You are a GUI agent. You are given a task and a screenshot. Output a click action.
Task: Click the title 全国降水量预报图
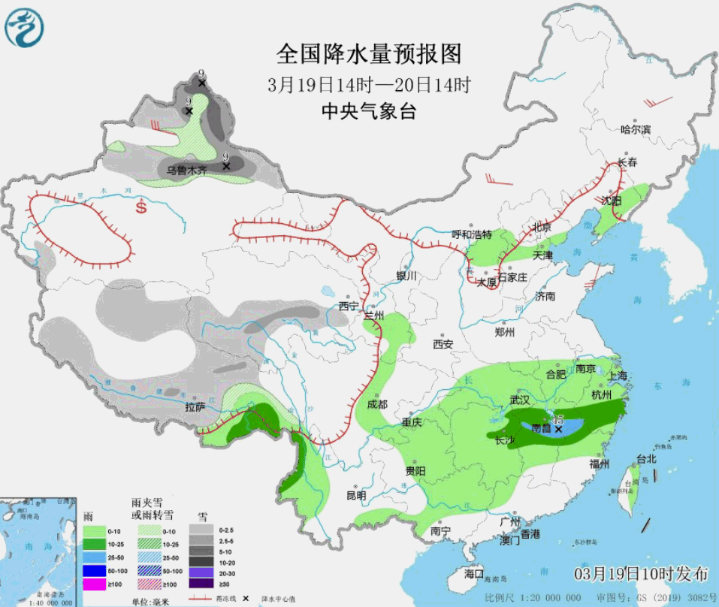tap(368, 54)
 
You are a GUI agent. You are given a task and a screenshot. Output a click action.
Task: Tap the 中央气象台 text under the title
tap(368, 111)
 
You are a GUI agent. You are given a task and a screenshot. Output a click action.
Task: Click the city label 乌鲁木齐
tap(186, 171)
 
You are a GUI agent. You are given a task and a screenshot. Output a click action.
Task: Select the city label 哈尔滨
tap(636, 130)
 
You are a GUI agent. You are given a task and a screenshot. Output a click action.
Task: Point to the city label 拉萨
tap(195, 407)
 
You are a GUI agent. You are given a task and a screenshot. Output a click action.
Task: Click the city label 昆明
tap(356, 496)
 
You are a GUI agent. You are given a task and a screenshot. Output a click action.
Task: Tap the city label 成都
tap(377, 404)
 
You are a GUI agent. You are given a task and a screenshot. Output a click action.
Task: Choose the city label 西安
tap(443, 345)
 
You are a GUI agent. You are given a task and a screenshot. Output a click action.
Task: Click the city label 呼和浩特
tap(471, 234)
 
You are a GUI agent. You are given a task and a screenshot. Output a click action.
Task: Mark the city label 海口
tap(474, 574)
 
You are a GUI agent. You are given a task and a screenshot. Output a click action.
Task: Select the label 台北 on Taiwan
tap(646, 458)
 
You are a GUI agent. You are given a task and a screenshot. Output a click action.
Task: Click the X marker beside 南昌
tap(558, 429)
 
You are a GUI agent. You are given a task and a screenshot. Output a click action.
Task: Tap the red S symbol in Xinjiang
tap(141, 207)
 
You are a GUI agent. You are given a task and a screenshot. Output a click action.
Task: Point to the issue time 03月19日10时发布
tap(641, 574)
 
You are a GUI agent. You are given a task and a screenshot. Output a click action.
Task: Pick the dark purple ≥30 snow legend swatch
tap(200, 583)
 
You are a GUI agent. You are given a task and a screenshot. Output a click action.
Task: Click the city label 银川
tap(406, 276)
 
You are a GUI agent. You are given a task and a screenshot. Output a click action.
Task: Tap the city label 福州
tap(600, 463)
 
